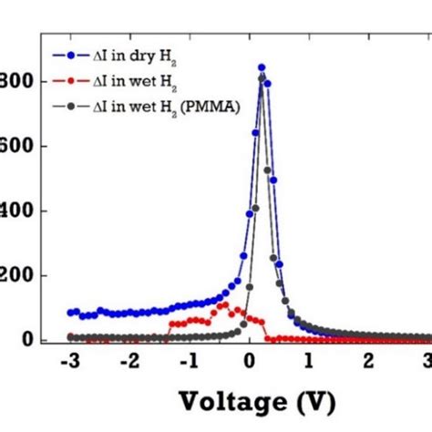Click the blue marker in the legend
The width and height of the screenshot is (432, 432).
tap(72, 54)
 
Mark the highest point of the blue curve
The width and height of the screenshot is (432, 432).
tap(262, 67)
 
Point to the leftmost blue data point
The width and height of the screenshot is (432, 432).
tap(70, 313)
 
